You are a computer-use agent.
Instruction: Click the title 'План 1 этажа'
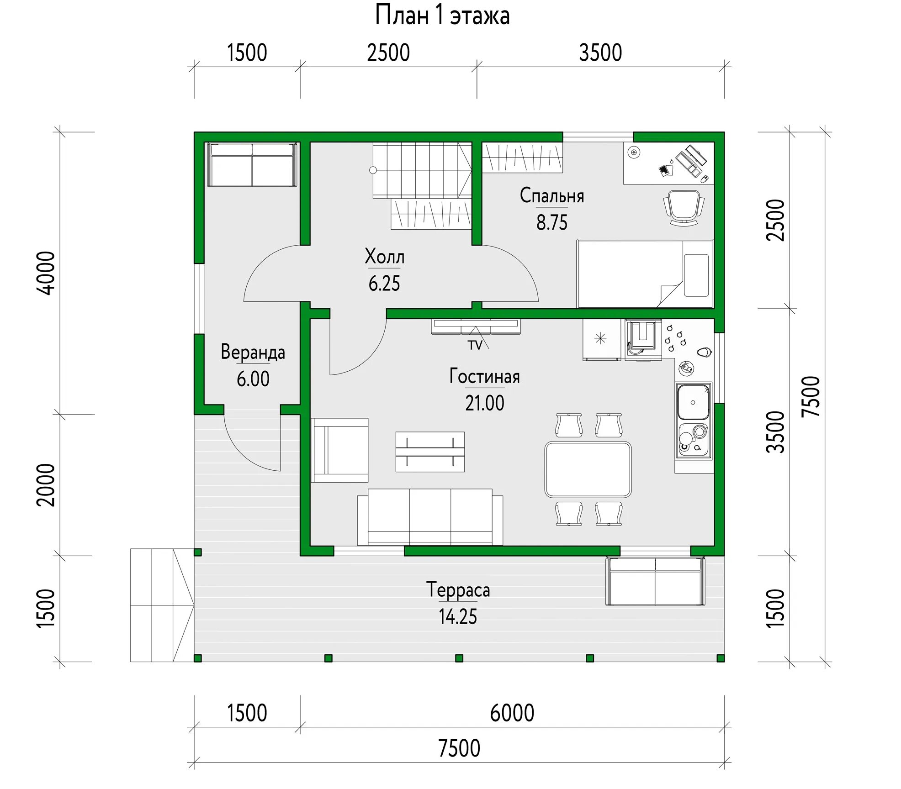click(442, 16)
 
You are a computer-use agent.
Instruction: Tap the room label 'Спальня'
click(552, 196)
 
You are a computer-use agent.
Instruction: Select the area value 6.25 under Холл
click(384, 284)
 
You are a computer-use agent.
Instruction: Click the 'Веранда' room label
click(253, 352)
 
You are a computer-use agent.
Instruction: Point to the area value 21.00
click(485, 403)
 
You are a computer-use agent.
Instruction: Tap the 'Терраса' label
click(458, 590)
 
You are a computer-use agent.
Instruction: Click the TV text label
click(475, 345)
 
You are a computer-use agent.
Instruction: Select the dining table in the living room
click(588, 469)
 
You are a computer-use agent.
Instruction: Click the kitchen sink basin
click(693, 402)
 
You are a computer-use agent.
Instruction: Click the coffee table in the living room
click(430, 452)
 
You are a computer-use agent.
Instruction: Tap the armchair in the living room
click(339, 450)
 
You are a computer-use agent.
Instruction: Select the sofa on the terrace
click(655, 581)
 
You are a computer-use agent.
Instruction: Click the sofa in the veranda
click(252, 164)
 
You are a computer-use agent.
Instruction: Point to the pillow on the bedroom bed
click(697, 275)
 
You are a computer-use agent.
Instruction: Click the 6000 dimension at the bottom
click(512, 713)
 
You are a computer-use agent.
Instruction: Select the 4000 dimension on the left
click(46, 273)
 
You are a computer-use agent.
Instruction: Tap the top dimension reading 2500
click(388, 53)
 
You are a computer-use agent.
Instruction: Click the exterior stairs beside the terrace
click(162, 605)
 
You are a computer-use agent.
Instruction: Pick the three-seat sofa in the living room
click(430, 517)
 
